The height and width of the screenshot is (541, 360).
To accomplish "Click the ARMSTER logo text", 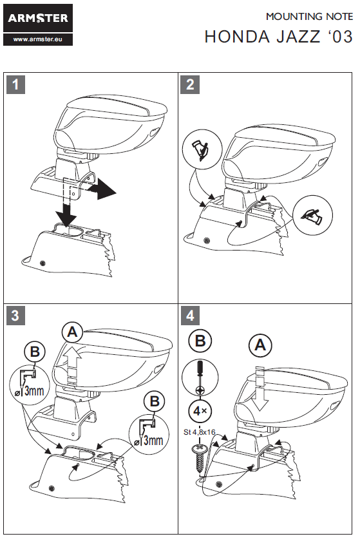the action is pos(38,18).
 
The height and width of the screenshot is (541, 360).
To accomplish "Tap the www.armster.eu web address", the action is pos(38,39).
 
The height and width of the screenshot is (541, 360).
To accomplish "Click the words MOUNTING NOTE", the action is pos(309,17).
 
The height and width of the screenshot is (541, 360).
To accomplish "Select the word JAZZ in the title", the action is pos(298,37).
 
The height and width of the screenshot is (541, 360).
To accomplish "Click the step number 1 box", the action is pos(15,84).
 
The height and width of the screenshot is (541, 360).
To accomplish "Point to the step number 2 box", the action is pos(190,84).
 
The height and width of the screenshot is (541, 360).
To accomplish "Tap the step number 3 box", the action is pos(15,316).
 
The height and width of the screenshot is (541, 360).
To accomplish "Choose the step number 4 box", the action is pos(190,316).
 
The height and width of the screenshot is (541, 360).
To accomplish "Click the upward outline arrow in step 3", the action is pos(73,365).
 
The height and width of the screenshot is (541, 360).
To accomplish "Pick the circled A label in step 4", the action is pos(260,345).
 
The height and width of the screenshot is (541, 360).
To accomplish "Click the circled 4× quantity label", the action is pos(200,411).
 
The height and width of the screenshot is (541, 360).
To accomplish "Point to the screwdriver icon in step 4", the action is pos(200,377).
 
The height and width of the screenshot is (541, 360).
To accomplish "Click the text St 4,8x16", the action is pos(200,432).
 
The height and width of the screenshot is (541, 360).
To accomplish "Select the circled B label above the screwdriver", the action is pos(200,341).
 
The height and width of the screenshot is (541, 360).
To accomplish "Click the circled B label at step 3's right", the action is pos(155,401).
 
